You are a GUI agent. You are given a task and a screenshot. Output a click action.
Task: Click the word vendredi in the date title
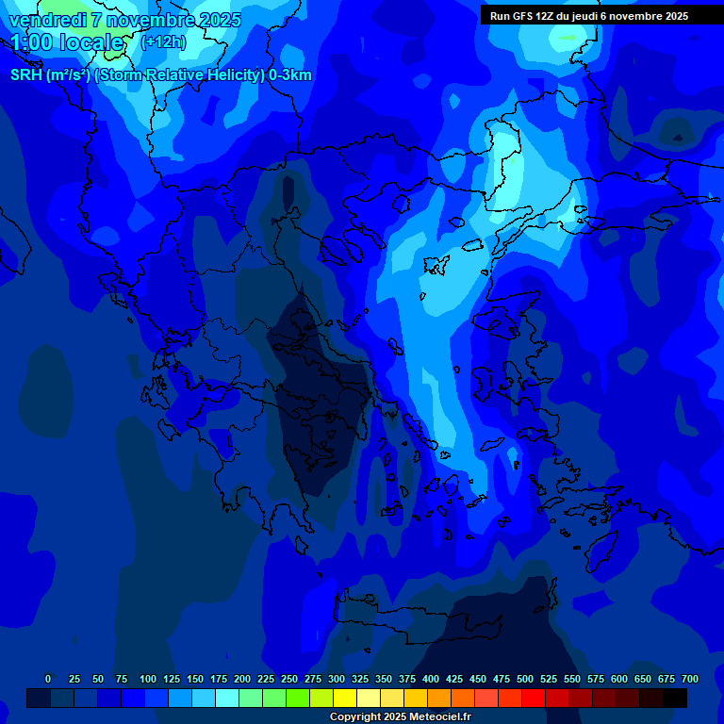[47, 20]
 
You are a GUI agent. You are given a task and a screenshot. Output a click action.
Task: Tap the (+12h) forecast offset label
[163, 42]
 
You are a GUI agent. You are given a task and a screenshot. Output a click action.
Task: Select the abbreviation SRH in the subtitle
[26, 75]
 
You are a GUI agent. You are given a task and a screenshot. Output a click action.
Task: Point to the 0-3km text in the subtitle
[289, 75]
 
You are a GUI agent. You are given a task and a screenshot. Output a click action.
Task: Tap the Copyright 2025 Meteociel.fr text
[400, 716]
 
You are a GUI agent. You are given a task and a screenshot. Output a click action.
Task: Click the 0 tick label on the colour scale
[48, 679]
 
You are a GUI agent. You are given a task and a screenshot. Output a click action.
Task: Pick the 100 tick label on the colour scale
[148, 679]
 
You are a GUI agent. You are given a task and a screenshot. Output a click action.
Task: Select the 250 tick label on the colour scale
[289, 679]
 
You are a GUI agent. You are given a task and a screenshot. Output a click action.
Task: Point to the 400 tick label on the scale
[431, 679]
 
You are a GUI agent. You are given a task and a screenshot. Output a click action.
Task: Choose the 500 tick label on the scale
[525, 679]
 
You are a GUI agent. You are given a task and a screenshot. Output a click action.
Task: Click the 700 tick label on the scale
[689, 679]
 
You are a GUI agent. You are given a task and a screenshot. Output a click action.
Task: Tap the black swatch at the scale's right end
[675, 698]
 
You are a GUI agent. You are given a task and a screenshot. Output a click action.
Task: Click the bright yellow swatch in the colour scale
[345, 698]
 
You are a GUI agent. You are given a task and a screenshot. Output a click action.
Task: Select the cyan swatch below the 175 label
[227, 698]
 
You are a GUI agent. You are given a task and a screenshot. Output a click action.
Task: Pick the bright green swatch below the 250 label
[298, 698]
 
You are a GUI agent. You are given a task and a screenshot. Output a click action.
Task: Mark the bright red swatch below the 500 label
[534, 698]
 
